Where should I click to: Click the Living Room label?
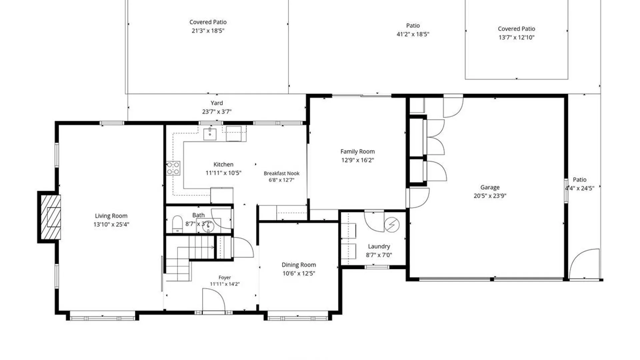[x=111, y=216]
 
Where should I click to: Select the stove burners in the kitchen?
[x=173, y=168]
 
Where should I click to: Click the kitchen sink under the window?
[x=210, y=134]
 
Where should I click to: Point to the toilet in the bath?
[x=177, y=224]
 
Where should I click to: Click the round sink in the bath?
[x=208, y=227]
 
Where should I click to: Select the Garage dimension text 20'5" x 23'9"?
[x=490, y=196]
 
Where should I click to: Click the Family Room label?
[x=358, y=152]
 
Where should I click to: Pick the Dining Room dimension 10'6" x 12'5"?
[x=299, y=274]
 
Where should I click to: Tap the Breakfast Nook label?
[x=282, y=173]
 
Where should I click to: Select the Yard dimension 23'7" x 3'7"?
[x=217, y=112]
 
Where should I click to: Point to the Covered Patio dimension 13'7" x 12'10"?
[x=517, y=38]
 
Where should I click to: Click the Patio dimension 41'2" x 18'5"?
[x=413, y=34]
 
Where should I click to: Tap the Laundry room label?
[x=379, y=246]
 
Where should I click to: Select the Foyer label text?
[x=225, y=277]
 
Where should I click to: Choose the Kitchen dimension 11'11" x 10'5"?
[x=223, y=173]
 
